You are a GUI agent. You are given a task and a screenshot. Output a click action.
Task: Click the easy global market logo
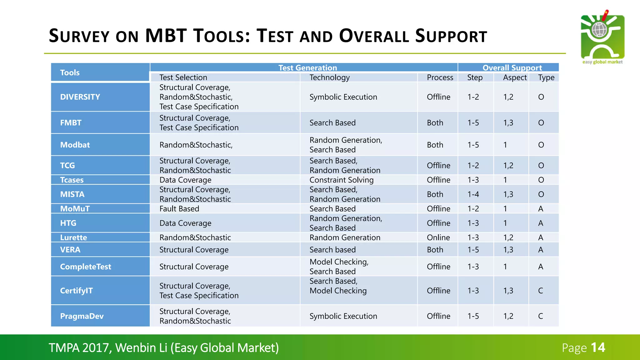point(602,37)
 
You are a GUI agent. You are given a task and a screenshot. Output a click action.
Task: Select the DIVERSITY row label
point(80,97)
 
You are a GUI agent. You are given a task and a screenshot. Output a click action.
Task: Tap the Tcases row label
point(72,180)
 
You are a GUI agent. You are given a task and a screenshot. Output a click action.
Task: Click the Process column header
point(440,77)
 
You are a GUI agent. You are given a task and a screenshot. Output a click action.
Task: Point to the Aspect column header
point(514,77)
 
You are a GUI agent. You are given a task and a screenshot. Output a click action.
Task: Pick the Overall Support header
point(512,67)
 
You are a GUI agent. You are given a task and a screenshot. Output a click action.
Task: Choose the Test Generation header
point(307,67)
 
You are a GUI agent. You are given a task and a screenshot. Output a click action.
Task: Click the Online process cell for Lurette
point(438,237)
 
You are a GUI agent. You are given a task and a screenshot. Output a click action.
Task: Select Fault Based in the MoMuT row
point(179,209)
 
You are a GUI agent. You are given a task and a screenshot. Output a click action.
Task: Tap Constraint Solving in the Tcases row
point(341,180)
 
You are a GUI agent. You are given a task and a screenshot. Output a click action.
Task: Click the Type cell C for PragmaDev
point(540,316)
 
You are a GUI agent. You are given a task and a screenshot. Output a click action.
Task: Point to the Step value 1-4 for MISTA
point(473,194)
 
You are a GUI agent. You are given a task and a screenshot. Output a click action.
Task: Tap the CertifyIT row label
point(76,291)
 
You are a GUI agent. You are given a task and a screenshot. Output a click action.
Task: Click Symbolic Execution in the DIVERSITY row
point(343,97)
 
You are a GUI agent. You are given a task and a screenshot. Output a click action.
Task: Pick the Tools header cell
point(70,72)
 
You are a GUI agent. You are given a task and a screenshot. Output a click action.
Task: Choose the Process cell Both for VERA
point(435,250)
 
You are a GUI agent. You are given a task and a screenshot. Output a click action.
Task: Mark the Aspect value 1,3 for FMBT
point(508,123)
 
